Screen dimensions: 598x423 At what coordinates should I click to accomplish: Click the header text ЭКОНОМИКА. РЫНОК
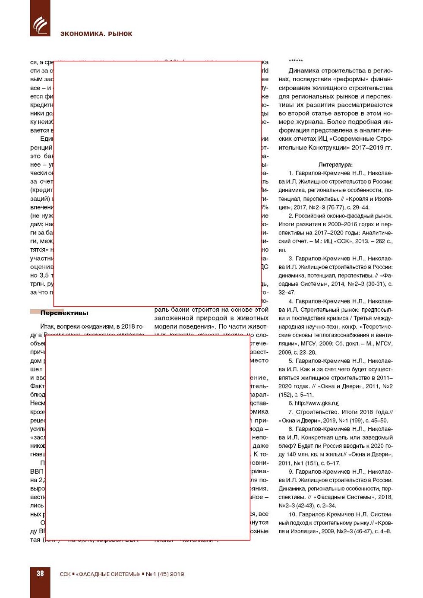tap(96, 34)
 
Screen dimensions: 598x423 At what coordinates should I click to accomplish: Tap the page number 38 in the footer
tap(40, 573)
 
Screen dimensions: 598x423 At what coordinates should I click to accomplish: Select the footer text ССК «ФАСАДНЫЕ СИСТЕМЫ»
tap(100, 574)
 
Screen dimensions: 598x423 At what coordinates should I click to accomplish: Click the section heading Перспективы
tap(64, 313)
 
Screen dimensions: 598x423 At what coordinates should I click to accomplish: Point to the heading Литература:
tap(335, 165)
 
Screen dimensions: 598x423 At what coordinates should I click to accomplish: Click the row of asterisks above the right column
tap(296, 61)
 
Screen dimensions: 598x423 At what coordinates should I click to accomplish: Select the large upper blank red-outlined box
tap(158, 184)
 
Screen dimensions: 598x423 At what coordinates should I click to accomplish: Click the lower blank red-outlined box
tap(148, 437)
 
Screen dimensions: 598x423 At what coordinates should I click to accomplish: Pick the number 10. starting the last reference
tap(293, 514)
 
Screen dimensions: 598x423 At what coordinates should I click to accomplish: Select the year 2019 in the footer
tap(177, 574)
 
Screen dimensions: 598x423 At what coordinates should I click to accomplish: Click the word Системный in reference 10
tap(375, 514)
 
